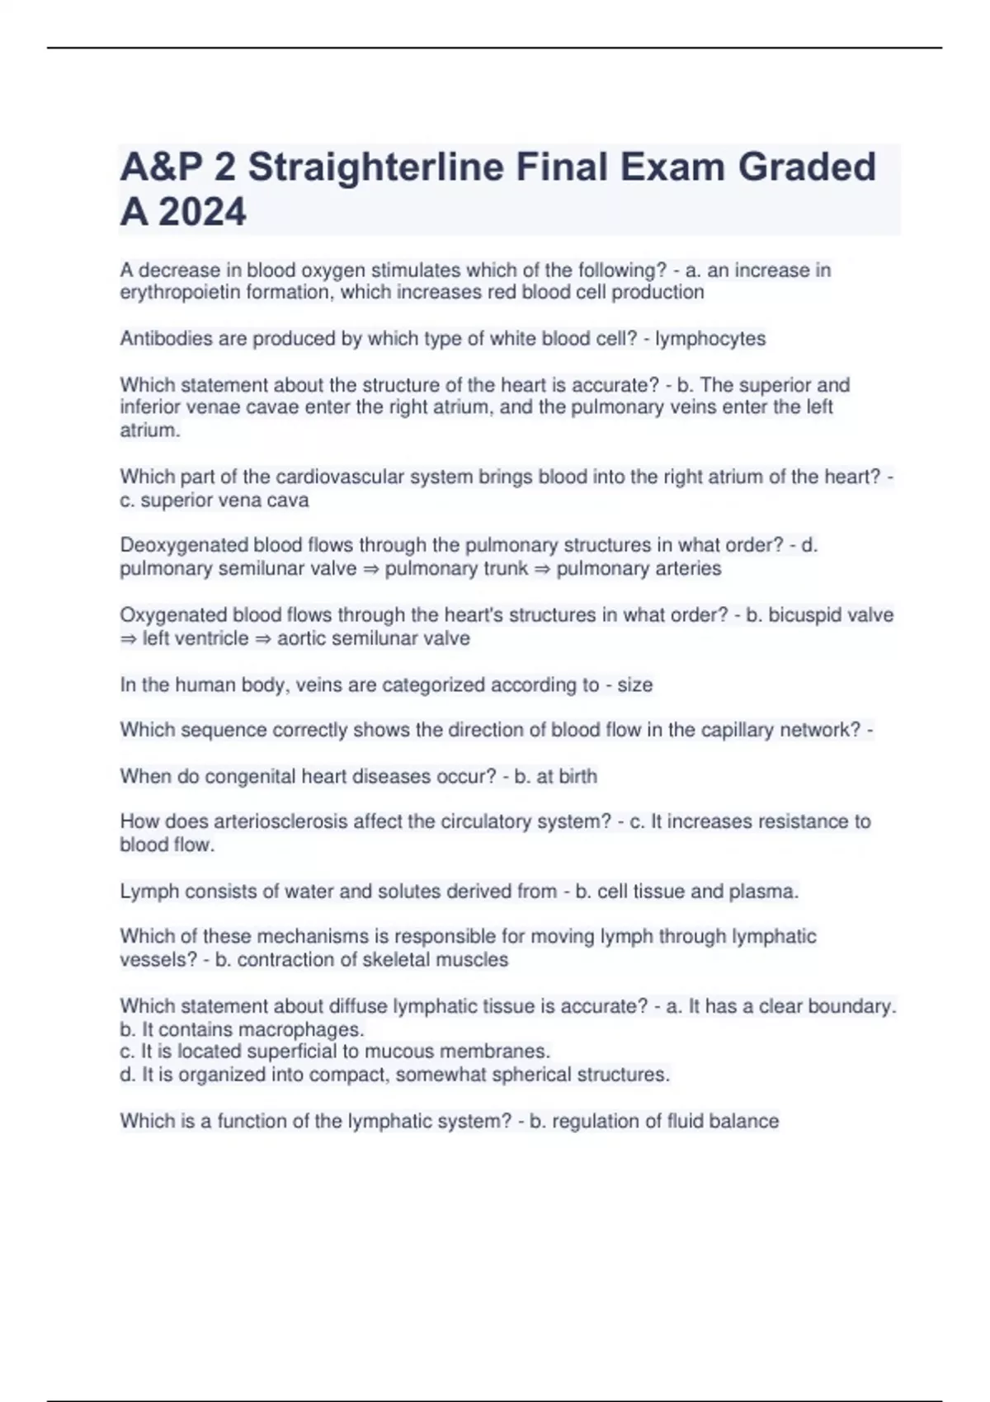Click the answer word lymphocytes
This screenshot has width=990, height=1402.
710,338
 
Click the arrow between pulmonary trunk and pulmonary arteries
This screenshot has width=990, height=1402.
542,569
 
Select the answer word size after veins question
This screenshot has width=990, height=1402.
635,685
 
